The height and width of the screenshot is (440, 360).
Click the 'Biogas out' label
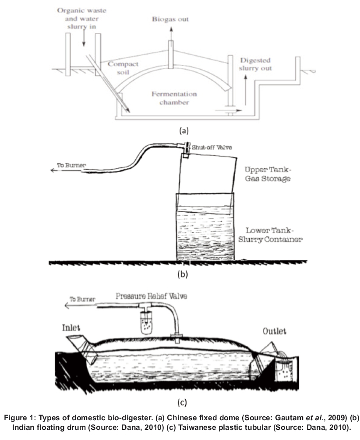pyautogui.click(x=170, y=19)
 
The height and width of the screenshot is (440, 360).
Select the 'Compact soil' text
pyautogui.click(x=123, y=67)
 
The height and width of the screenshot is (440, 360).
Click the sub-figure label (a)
pyautogui.click(x=184, y=130)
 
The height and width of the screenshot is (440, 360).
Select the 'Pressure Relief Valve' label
pyautogui.click(x=151, y=296)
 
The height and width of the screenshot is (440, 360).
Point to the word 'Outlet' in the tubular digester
pyautogui.click(x=275, y=331)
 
